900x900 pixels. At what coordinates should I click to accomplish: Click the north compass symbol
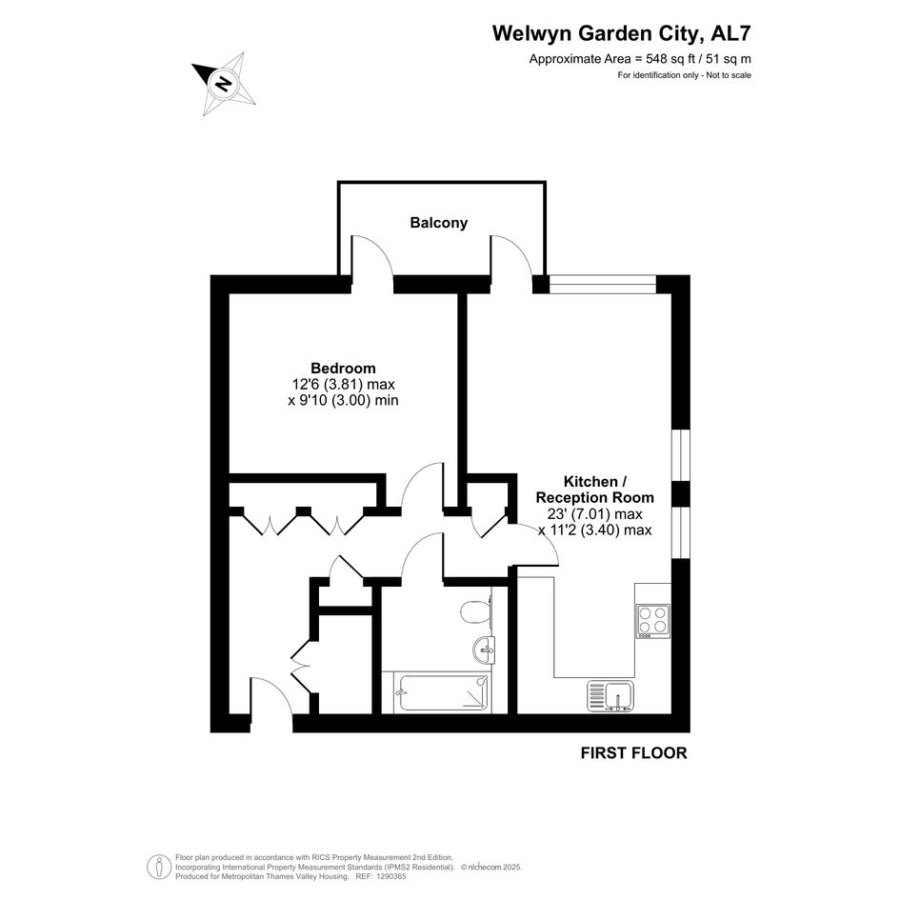(x=226, y=83)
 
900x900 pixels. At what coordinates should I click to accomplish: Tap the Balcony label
(x=439, y=223)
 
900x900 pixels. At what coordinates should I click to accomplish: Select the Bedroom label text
(x=343, y=368)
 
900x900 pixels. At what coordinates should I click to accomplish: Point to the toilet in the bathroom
(x=471, y=611)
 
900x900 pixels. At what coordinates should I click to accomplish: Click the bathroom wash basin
(x=483, y=650)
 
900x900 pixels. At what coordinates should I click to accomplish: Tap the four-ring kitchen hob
(x=652, y=621)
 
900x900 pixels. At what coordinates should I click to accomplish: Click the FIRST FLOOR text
(x=633, y=753)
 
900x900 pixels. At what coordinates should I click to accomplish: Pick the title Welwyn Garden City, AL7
(x=621, y=34)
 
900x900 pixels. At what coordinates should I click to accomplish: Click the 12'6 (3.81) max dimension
(x=343, y=385)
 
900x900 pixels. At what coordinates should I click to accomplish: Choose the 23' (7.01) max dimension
(x=595, y=514)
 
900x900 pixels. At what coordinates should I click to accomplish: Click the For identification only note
(x=684, y=75)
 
